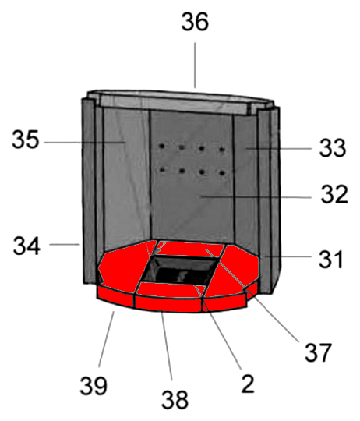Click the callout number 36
pyautogui.click(x=195, y=22)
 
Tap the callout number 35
pyautogui.click(x=26, y=140)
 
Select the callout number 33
pyautogui.click(x=333, y=148)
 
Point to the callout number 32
pyautogui.click(x=334, y=194)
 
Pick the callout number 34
pyautogui.click(x=26, y=246)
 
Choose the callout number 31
pyautogui.click(x=330, y=260)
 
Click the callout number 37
pyautogui.click(x=318, y=352)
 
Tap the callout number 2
pyautogui.click(x=247, y=384)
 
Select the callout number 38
pyautogui.click(x=175, y=400)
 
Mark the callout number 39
pyautogui.click(x=94, y=386)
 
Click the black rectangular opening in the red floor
pyautogui.click(x=179, y=270)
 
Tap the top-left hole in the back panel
pyautogui.click(x=162, y=147)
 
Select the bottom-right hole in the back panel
pyautogui.click(x=222, y=172)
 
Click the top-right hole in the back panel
pyautogui.click(x=222, y=149)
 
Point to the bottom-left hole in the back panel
pyautogui.click(x=162, y=169)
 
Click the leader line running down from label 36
pyautogui.click(x=195, y=65)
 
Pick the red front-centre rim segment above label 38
pyautogui.click(x=168, y=304)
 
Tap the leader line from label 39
pyautogui.click(x=107, y=339)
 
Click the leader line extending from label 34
pyautogui.click(x=65, y=244)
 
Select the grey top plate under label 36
pyautogui.click(x=180, y=104)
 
